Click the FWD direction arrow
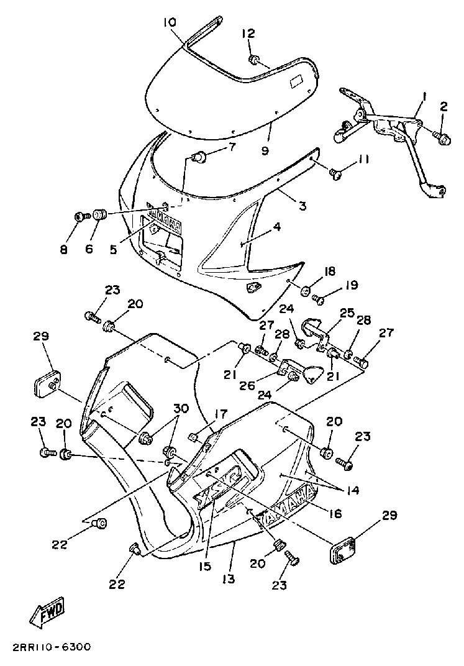(47, 614)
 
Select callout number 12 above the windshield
(248, 34)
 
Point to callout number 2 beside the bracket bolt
(443, 106)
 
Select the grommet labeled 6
(100, 215)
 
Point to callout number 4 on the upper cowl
(276, 227)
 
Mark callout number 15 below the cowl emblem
(206, 566)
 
